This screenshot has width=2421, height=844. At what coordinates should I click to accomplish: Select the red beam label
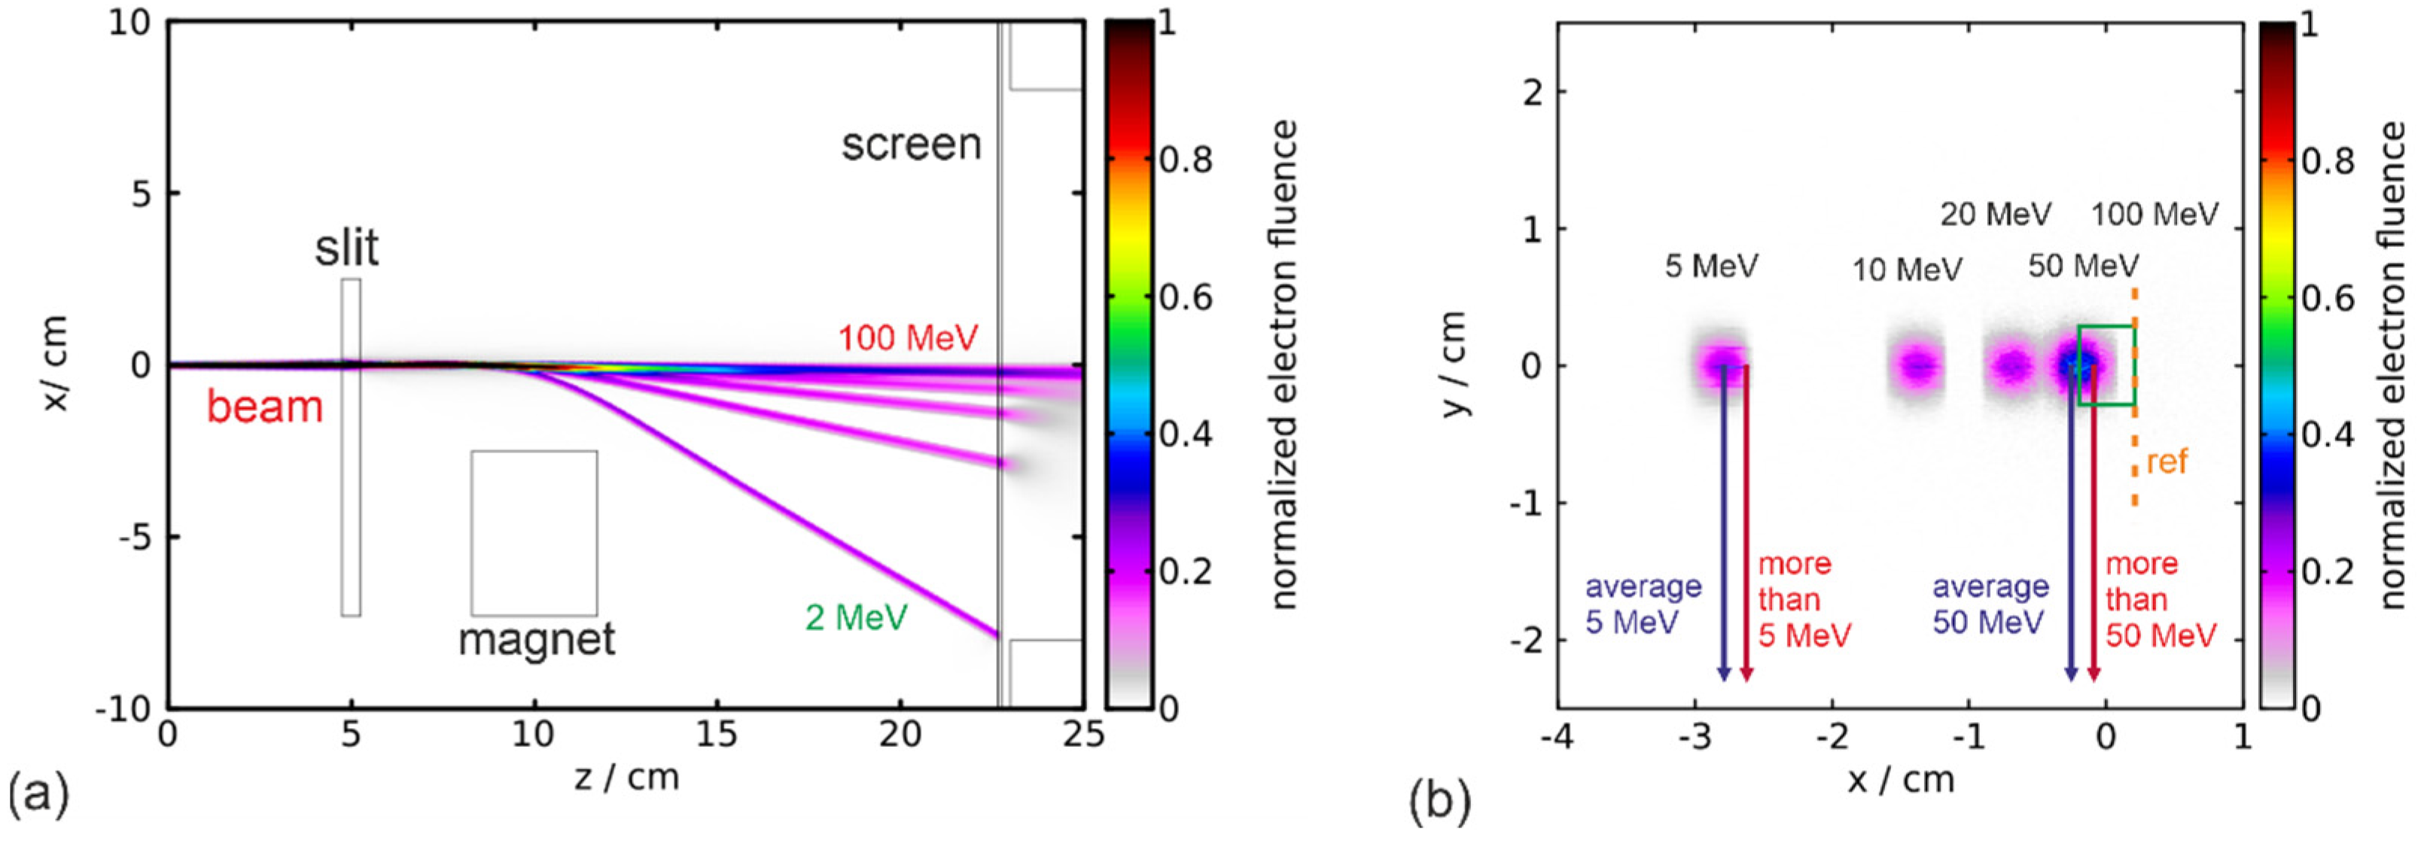[x=265, y=407]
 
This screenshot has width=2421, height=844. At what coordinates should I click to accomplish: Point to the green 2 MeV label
[x=856, y=617]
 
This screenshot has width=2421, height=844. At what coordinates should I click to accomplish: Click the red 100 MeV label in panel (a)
[x=908, y=337]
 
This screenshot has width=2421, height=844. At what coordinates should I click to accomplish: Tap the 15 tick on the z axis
[x=717, y=734]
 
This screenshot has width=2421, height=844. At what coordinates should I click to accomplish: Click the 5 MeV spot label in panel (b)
[x=1710, y=266]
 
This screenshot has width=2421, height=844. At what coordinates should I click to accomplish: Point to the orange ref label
[x=2167, y=462]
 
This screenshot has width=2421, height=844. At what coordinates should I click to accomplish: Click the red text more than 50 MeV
[x=2160, y=599]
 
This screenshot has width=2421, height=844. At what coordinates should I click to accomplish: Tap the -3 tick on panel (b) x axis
[x=1695, y=734]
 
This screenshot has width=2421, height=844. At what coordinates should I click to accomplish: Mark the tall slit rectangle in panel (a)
[x=351, y=447]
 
